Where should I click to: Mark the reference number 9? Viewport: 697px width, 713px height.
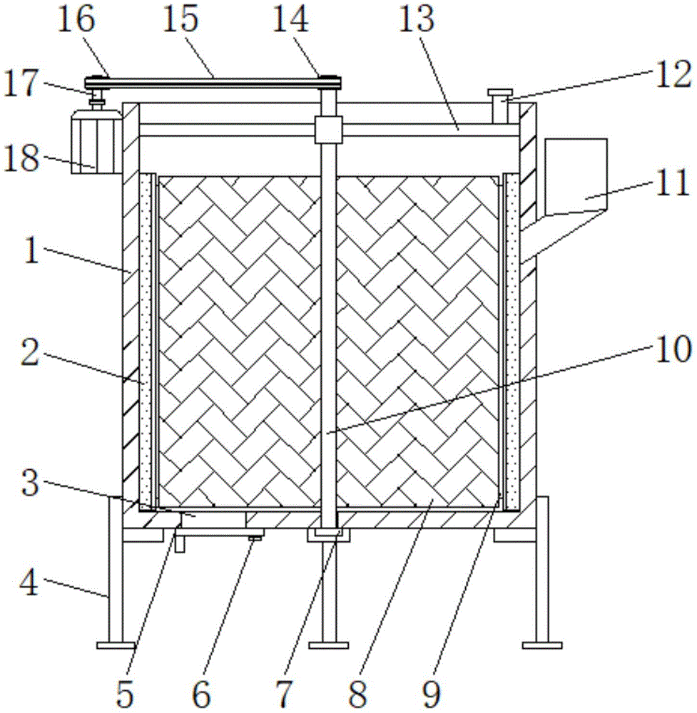445,690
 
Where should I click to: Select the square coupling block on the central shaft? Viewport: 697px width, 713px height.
327,130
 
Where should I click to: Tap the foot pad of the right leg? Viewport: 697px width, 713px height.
541,645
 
